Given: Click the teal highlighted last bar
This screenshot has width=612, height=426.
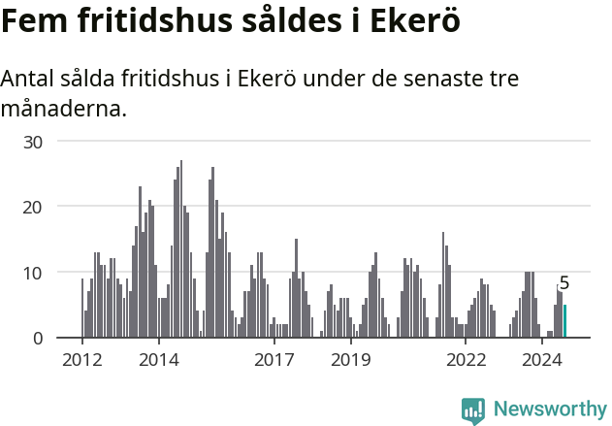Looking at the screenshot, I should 564,321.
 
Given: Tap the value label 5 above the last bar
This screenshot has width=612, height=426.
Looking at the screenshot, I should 564,283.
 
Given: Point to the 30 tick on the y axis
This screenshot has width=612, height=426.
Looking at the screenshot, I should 34,141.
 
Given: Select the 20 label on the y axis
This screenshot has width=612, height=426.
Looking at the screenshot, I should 34,207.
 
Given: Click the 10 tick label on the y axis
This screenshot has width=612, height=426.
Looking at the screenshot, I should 34,273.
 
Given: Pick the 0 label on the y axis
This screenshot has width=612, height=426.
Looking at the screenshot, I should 39,338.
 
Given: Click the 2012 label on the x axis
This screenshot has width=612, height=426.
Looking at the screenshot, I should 81,360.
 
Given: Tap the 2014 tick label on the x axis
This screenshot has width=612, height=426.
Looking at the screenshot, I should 158,360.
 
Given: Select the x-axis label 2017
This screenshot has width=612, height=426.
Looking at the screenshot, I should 274,360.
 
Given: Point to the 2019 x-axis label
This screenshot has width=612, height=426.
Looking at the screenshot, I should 350,360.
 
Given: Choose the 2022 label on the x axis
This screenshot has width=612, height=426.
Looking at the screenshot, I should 466,360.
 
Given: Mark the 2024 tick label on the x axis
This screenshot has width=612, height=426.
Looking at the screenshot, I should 542,360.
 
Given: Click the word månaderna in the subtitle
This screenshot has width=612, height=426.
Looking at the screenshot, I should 64,109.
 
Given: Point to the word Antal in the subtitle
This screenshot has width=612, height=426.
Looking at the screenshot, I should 29,79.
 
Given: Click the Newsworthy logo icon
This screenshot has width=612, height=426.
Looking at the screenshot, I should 473,410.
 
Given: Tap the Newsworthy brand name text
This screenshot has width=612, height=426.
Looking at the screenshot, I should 550,410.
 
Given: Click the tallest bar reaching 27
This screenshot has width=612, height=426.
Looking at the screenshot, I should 181,249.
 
